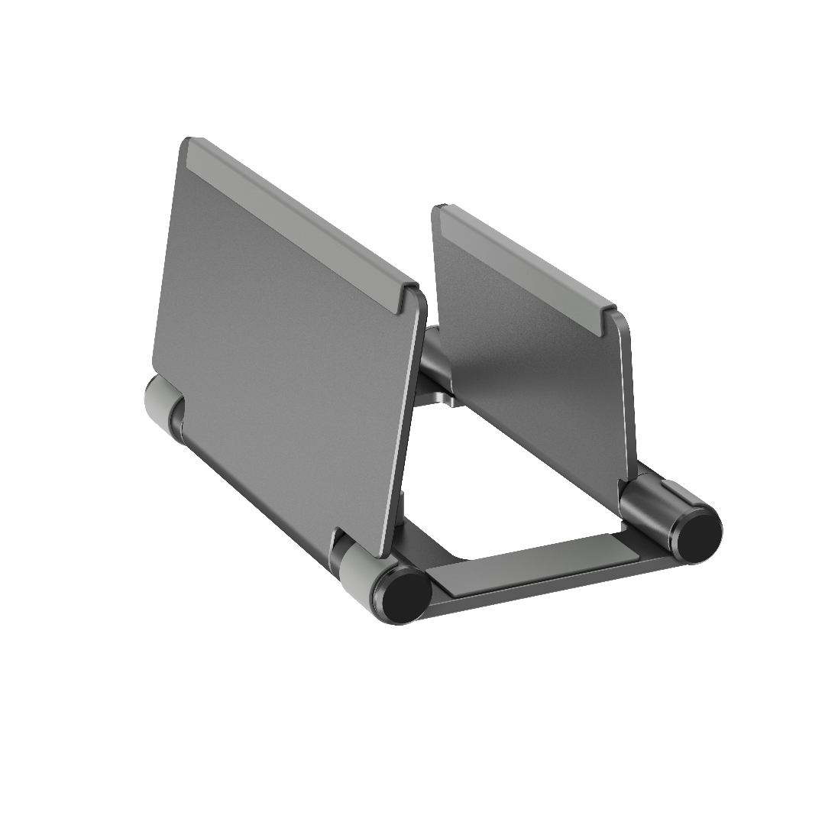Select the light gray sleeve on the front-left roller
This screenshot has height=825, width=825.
359,565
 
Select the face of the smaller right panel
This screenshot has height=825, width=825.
535,367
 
